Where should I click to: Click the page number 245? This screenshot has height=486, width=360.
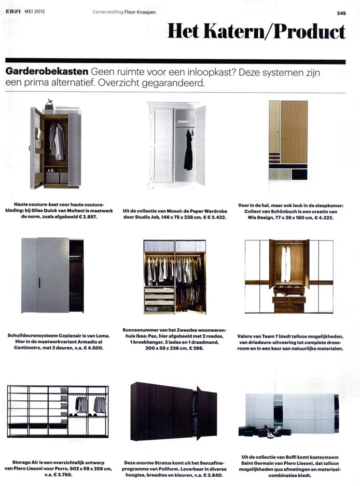tap(340, 14)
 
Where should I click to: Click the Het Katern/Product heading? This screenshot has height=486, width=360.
tap(256, 33)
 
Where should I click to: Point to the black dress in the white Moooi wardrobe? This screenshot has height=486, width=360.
tap(188, 151)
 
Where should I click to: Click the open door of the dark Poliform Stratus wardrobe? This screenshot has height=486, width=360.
tap(198, 413)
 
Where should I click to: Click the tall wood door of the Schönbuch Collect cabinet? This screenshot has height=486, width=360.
tap(294, 132)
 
